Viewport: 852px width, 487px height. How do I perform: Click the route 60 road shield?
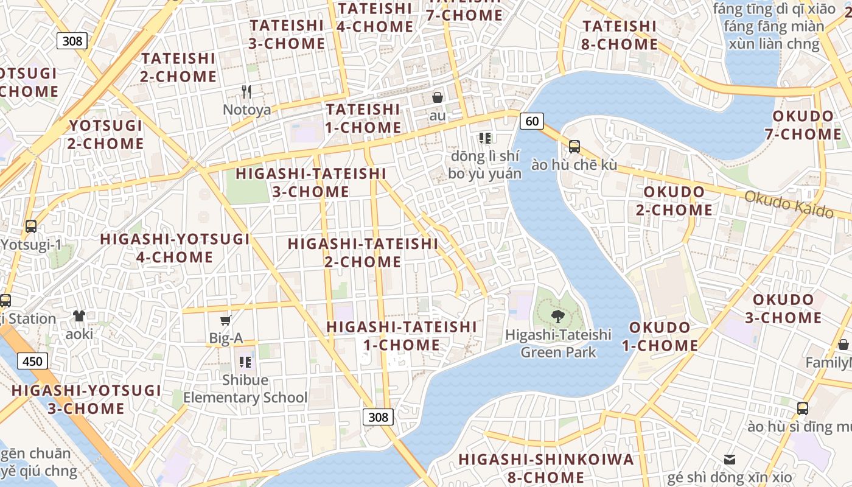coord(531,121)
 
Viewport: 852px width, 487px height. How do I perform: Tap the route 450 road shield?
coord(32,362)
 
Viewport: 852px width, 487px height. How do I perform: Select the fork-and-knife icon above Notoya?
coord(246,92)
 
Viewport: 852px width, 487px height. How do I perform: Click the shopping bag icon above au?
coord(437,97)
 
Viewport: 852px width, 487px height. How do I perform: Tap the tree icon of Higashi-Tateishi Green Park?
coord(557,317)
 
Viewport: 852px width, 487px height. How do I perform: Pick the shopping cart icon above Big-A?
coord(226,320)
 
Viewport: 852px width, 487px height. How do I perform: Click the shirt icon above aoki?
coord(79,315)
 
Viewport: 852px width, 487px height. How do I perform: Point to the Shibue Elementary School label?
coord(245,389)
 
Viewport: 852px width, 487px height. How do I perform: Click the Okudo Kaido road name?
coord(789,204)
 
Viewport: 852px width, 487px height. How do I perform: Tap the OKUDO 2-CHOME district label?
coord(674,201)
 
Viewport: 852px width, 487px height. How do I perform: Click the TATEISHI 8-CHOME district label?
coord(620,35)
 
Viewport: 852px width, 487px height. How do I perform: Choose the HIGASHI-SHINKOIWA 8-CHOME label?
coord(546,468)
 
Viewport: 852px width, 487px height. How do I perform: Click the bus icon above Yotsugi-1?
coord(31,226)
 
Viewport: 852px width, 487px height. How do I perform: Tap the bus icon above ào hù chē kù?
coord(574,147)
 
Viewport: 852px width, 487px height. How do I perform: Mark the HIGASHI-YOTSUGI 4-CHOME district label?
coord(175,248)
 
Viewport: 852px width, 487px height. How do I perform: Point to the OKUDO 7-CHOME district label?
coord(803,125)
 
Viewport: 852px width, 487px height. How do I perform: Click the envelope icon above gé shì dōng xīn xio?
coord(729,459)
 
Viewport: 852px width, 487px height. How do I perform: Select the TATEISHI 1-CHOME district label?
coord(363,119)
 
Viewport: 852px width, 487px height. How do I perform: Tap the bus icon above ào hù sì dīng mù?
coord(803,408)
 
